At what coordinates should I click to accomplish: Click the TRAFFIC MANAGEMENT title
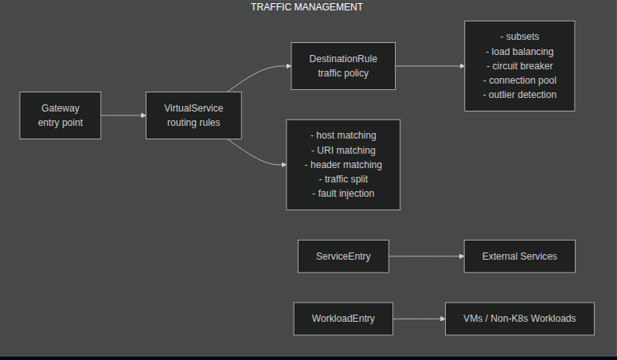coord(307,7)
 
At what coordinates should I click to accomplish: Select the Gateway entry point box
coord(61,115)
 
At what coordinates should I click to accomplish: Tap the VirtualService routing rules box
coord(193,115)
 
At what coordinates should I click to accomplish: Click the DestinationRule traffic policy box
coord(343,66)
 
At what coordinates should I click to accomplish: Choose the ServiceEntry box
coord(343,256)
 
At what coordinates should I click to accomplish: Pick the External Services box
coord(519,256)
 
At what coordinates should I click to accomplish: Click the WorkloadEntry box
coord(343,319)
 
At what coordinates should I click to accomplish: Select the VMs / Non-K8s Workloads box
coord(519,319)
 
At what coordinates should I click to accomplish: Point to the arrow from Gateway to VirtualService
coord(123,115)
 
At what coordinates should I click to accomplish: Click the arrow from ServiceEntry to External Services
coord(426,256)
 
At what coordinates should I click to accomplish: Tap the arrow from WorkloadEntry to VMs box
coord(418,319)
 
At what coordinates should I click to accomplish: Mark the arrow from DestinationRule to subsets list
coord(430,66)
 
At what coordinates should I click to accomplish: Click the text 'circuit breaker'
coord(520,66)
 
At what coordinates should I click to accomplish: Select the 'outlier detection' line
coord(520,95)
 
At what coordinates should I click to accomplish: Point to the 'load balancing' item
coord(520,52)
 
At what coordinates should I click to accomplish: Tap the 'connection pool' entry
coord(520,80)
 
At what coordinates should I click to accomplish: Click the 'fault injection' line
coord(343,194)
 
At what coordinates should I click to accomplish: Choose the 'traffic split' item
coord(343,179)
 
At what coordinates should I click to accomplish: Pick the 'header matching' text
coord(343,165)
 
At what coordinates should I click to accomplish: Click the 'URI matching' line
coord(343,151)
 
